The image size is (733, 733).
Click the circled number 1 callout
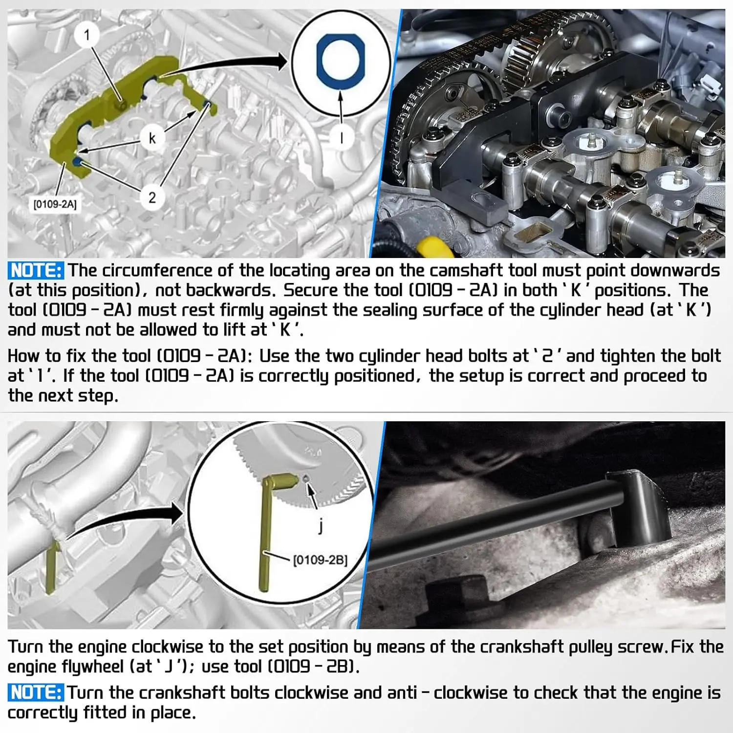click(87, 35)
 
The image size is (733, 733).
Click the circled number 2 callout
click(152, 197)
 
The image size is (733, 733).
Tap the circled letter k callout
click(152, 138)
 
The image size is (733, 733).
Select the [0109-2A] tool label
click(55, 204)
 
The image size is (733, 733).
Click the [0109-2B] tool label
click(320, 560)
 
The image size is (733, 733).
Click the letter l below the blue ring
click(341, 138)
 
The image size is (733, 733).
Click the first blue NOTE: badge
click(36, 270)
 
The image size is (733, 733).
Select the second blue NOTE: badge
click(36, 692)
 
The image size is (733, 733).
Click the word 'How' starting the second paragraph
click(23, 356)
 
